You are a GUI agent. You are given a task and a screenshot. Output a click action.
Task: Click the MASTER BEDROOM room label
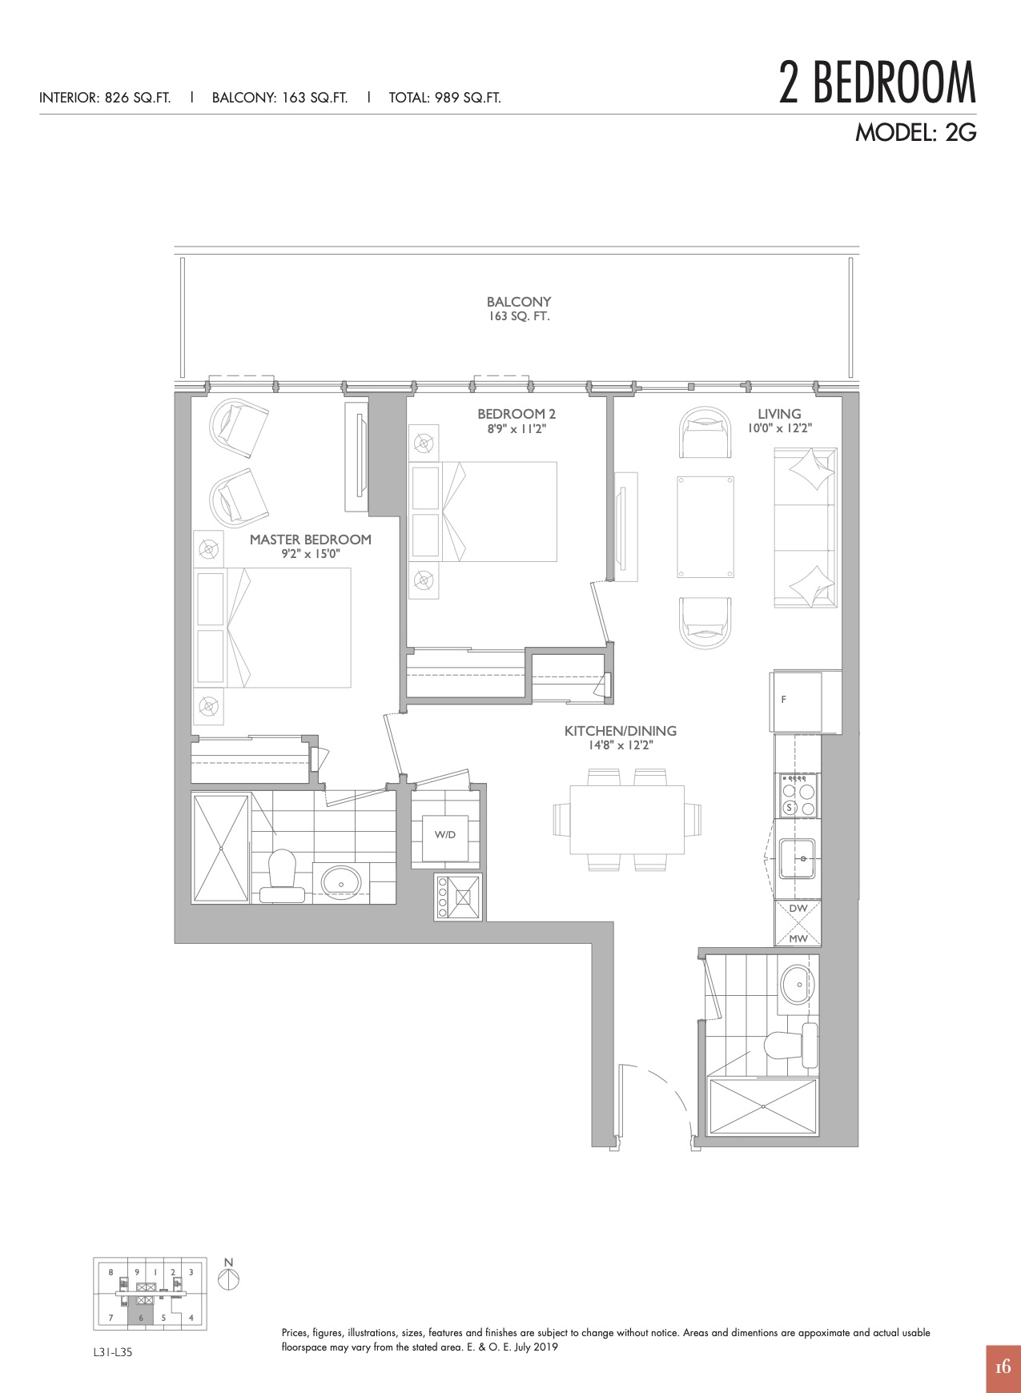(311, 540)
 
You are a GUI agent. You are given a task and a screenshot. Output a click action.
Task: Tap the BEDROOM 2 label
(517, 414)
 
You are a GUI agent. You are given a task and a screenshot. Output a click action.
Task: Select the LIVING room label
(779, 414)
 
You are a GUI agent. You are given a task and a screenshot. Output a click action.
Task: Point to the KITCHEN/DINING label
(621, 731)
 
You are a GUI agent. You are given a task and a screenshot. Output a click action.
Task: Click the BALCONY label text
(519, 302)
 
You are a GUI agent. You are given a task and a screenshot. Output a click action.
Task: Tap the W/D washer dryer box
(445, 835)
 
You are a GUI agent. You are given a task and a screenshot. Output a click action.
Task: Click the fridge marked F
(796, 701)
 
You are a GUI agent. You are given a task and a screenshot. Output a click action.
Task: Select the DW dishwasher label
(798, 909)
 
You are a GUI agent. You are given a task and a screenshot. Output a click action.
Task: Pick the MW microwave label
(798, 938)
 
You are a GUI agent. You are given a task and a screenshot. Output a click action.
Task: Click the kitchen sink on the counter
(798, 858)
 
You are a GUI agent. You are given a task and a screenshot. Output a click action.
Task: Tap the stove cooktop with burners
(798, 795)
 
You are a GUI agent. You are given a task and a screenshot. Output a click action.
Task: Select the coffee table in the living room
(705, 526)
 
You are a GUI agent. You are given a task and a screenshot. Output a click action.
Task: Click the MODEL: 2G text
(916, 132)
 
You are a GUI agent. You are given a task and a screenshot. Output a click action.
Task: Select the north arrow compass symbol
(228, 1279)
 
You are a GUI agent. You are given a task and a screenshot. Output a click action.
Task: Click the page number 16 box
(1003, 1367)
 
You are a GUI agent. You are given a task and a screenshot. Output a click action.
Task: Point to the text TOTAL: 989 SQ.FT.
(445, 98)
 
